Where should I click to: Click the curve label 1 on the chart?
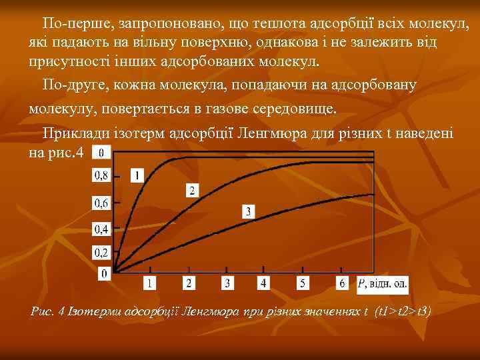137,175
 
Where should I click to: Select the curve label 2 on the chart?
192,191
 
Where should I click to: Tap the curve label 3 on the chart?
248,211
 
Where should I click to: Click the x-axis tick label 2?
189,283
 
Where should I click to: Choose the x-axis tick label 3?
227,283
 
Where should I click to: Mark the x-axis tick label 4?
263,283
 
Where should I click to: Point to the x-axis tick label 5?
303,283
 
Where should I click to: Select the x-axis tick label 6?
342,283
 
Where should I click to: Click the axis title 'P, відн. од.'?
383,283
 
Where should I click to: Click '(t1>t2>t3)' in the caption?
403,311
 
